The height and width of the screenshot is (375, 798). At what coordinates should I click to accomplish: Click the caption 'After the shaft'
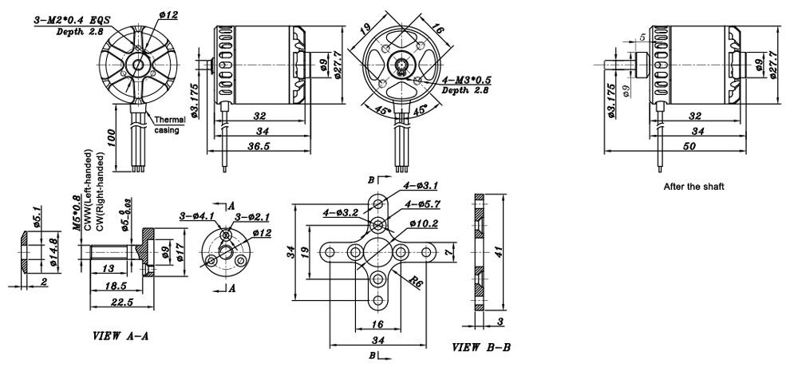pyautogui.click(x=693, y=187)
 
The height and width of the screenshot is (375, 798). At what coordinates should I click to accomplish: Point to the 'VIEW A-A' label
pyautogui.click(x=120, y=337)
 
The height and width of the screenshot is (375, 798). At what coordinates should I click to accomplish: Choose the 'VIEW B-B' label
pyautogui.click(x=481, y=347)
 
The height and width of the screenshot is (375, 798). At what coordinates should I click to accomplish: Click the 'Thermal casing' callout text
pyautogui.click(x=169, y=124)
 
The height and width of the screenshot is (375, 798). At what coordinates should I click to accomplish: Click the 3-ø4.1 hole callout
pyautogui.click(x=196, y=215)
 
